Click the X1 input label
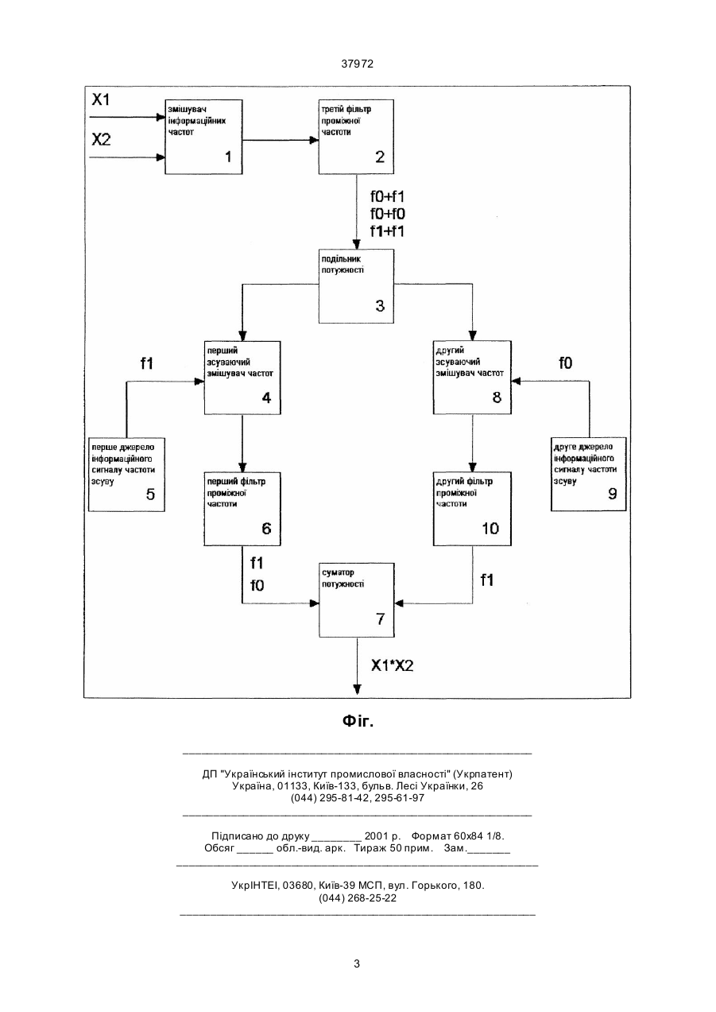coord(101,99)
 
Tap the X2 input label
coord(101,139)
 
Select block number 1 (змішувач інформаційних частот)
coord(203,137)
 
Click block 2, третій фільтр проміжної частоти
coord(356,137)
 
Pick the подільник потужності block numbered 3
coord(356,286)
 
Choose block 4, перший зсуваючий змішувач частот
coord(242,378)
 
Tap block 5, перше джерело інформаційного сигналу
coord(126,475)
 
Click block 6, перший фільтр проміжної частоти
coord(242,509)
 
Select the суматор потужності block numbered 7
coord(357,600)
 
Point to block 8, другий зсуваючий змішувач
coord(472,378)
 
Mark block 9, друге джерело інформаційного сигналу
coord(589,474)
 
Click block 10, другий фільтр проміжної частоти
coord(472,509)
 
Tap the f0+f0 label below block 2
coord(388,214)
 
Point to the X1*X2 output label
coord(392,665)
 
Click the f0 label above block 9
coord(566,363)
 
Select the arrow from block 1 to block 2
coord(281,140)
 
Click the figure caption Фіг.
coord(358,721)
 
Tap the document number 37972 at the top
coord(358,64)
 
